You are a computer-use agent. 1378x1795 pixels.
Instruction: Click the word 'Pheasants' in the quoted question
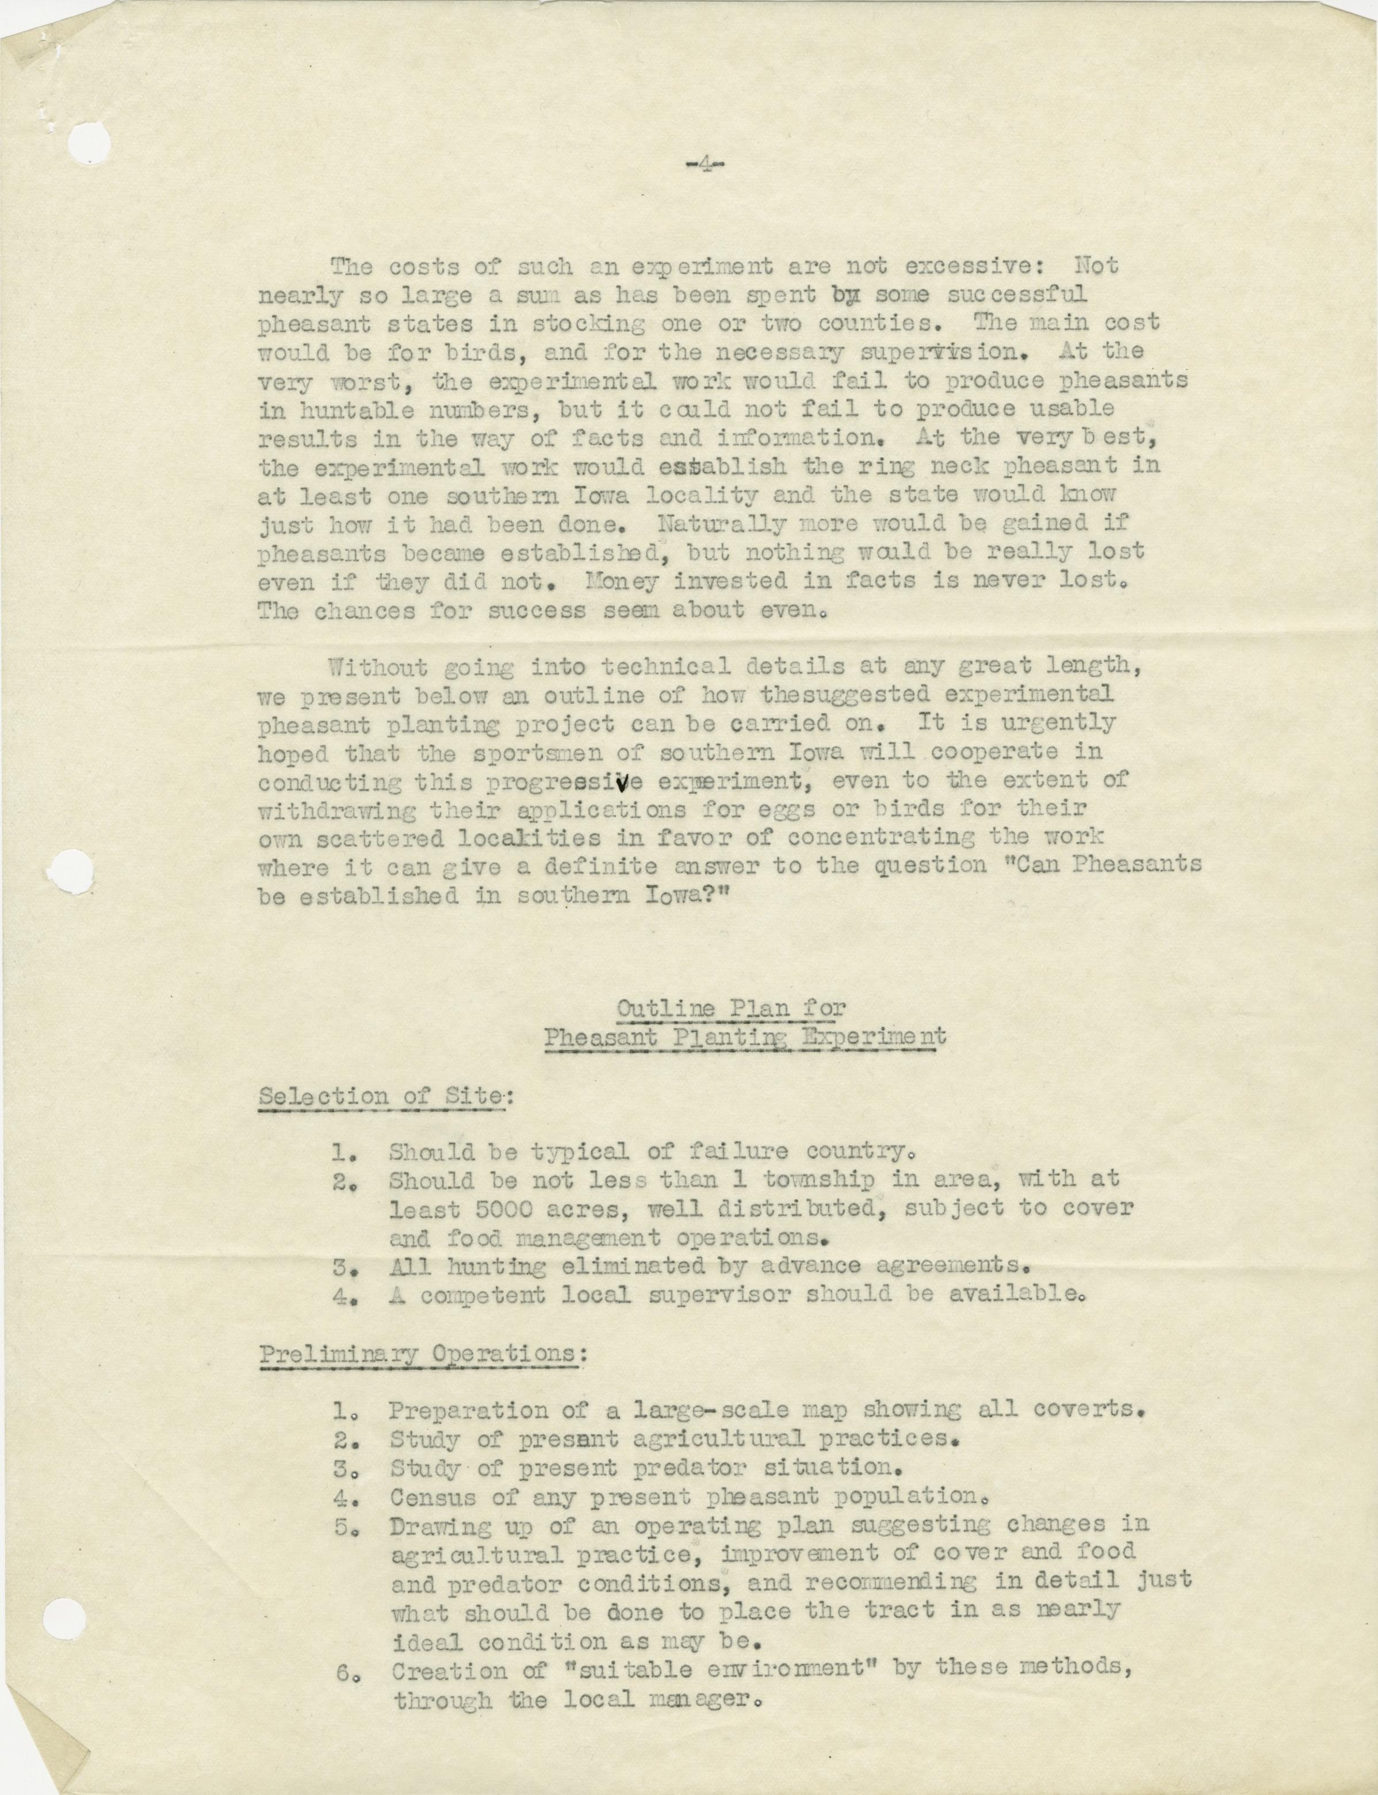point(1139,866)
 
